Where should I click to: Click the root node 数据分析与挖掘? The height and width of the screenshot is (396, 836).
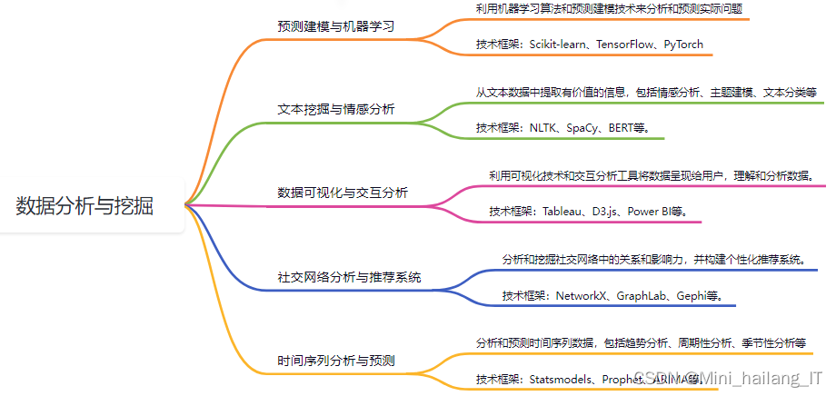[x=85, y=206]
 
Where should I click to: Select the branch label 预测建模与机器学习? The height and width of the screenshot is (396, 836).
[x=336, y=25]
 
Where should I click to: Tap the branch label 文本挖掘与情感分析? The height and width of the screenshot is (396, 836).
[x=336, y=109]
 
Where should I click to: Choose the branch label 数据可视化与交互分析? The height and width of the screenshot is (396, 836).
[x=343, y=193]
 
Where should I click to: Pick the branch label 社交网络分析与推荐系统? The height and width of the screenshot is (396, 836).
[x=349, y=277]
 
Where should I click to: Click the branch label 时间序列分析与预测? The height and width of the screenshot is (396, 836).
[x=336, y=361]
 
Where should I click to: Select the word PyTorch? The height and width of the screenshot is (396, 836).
[x=682, y=44]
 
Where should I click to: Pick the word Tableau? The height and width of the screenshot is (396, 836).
[x=563, y=212]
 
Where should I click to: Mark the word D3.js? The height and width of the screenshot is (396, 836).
[x=607, y=212]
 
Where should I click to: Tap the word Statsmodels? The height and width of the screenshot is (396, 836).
[x=562, y=379]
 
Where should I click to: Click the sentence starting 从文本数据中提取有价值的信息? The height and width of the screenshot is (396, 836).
[x=646, y=92]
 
